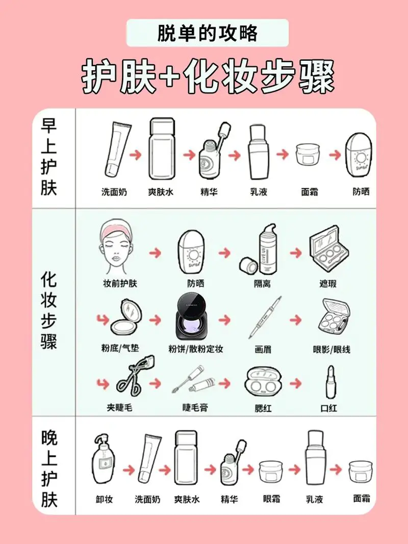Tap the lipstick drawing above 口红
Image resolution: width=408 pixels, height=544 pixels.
pos(330,382)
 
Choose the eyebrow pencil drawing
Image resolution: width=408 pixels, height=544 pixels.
pos(265,318)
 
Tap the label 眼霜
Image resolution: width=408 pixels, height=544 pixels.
pos(271,499)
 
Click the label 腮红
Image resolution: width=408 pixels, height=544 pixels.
pos(263,408)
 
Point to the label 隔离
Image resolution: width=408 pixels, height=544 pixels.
pos(262,283)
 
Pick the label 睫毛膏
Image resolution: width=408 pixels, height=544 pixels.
pos(195,408)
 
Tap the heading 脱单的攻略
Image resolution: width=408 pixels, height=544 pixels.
pos(208,34)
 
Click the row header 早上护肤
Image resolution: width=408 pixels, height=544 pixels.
pos(49,159)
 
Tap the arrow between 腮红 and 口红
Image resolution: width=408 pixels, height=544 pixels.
pos(295,383)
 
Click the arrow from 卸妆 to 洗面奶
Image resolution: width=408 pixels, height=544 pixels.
pos(129,469)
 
